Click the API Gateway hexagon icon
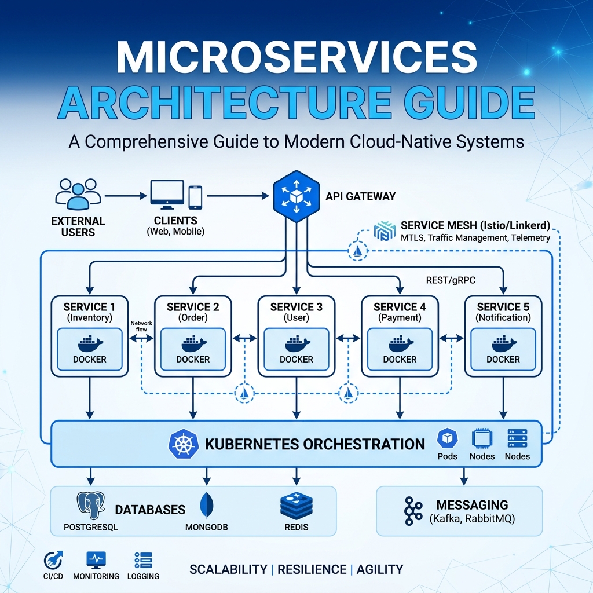pos(296,197)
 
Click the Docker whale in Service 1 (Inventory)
pos(90,343)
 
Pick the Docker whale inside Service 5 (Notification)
pos(503,343)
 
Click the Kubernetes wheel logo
pos(183,445)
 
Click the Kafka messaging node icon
pos(412,510)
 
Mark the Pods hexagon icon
pos(447,439)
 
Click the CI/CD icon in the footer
pos(53,560)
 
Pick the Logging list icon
pos(142,560)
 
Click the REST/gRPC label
pos(450,281)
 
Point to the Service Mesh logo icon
pos(384,230)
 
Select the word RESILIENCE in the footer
pos(311,569)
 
